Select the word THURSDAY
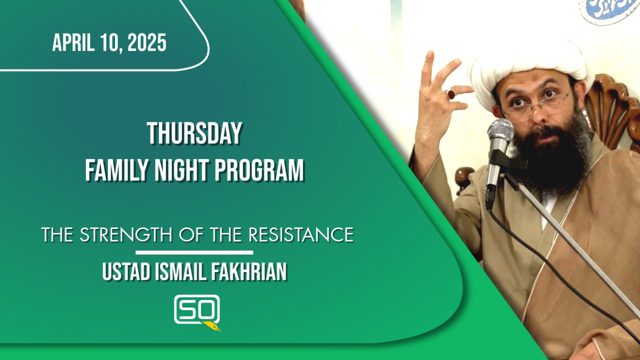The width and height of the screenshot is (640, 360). [x=194, y=134]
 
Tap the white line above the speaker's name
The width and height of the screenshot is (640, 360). [x=194, y=253]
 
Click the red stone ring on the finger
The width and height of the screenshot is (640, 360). [x=451, y=93]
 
